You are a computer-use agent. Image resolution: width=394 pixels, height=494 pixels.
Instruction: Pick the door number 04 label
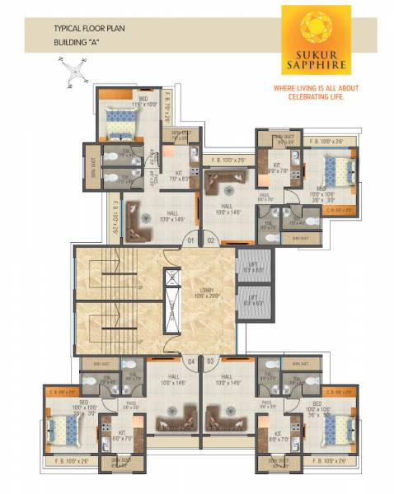(190, 360)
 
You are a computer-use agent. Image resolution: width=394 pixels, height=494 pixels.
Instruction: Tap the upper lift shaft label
(249, 268)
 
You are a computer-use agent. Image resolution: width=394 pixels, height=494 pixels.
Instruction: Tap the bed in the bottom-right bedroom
(339, 429)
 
